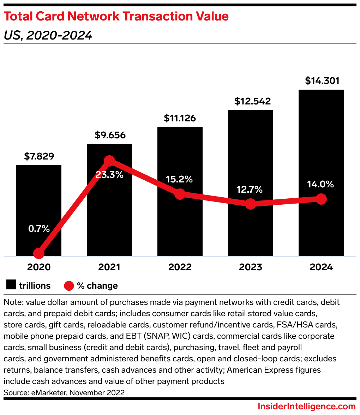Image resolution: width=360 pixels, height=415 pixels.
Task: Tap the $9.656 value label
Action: (x=110, y=135)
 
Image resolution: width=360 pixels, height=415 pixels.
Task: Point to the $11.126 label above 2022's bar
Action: (x=180, y=118)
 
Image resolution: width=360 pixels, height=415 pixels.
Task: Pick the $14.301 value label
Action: (x=322, y=81)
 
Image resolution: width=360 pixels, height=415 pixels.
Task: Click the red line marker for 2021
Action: (x=109, y=161)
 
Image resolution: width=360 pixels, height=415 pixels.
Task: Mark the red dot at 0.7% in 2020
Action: (x=39, y=253)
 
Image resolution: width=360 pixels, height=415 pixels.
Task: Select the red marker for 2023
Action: (x=251, y=204)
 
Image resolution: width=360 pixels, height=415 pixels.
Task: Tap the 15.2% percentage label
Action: (x=180, y=179)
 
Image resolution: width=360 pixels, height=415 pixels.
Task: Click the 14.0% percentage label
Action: (x=321, y=184)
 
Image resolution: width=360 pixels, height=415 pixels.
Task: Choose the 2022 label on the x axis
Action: (x=180, y=267)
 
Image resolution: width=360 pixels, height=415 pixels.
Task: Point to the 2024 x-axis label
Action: (x=321, y=267)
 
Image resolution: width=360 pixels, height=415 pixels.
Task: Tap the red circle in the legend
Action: (x=69, y=285)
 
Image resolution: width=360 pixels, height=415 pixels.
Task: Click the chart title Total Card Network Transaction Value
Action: (x=116, y=17)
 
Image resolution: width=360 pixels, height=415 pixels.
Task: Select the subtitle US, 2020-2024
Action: (x=48, y=35)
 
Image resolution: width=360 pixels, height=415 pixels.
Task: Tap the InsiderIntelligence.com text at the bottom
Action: (x=307, y=407)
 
